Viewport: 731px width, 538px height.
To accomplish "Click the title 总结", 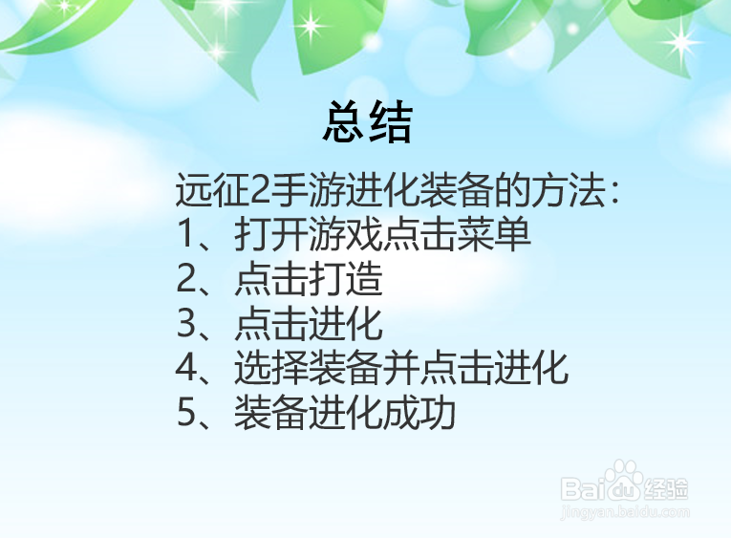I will pyautogui.click(x=367, y=123).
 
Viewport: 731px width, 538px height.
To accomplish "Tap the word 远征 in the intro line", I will pyautogui.click(x=207, y=192).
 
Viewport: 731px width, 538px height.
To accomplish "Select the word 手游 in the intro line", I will pyautogui.click(x=297, y=192).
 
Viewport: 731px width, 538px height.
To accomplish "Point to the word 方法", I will pyautogui.click(x=572, y=192).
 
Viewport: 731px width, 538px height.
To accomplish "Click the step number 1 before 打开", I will pyautogui.click(x=186, y=235).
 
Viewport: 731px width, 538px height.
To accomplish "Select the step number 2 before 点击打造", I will pyautogui.click(x=186, y=280).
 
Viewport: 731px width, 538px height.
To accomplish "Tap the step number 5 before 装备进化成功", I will pyautogui.click(x=186, y=414).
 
